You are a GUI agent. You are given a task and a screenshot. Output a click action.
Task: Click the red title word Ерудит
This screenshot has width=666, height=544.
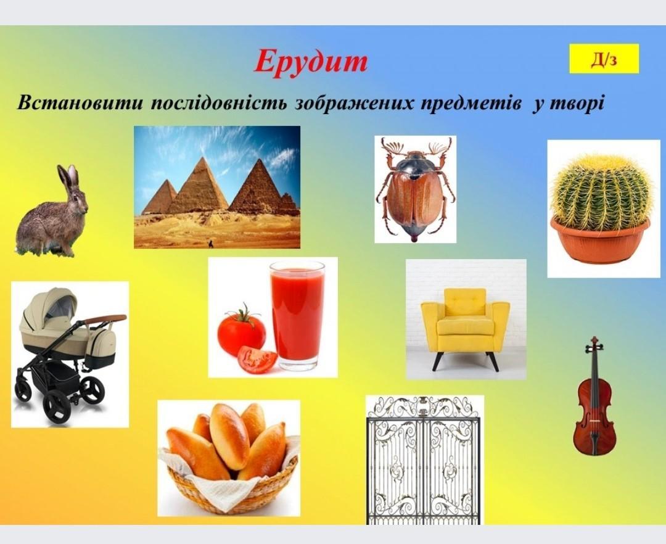click(x=311, y=62)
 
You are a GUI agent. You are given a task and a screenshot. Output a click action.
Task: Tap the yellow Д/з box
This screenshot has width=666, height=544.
click(x=604, y=59)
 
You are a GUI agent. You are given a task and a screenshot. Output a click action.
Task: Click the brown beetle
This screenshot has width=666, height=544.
click(x=415, y=190)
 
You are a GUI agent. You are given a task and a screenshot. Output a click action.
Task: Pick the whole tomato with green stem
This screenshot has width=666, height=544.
click(x=241, y=332)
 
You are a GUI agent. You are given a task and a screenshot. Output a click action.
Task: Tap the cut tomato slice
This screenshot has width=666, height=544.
click(x=257, y=359)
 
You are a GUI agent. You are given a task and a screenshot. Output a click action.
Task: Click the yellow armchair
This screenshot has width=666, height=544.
click(x=465, y=327)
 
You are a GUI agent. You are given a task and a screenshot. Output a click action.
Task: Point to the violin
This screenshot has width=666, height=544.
click(x=594, y=397)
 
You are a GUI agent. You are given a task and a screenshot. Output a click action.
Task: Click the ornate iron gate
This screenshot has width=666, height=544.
click(x=424, y=461)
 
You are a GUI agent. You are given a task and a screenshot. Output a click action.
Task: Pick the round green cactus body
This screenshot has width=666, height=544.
click(x=601, y=192)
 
